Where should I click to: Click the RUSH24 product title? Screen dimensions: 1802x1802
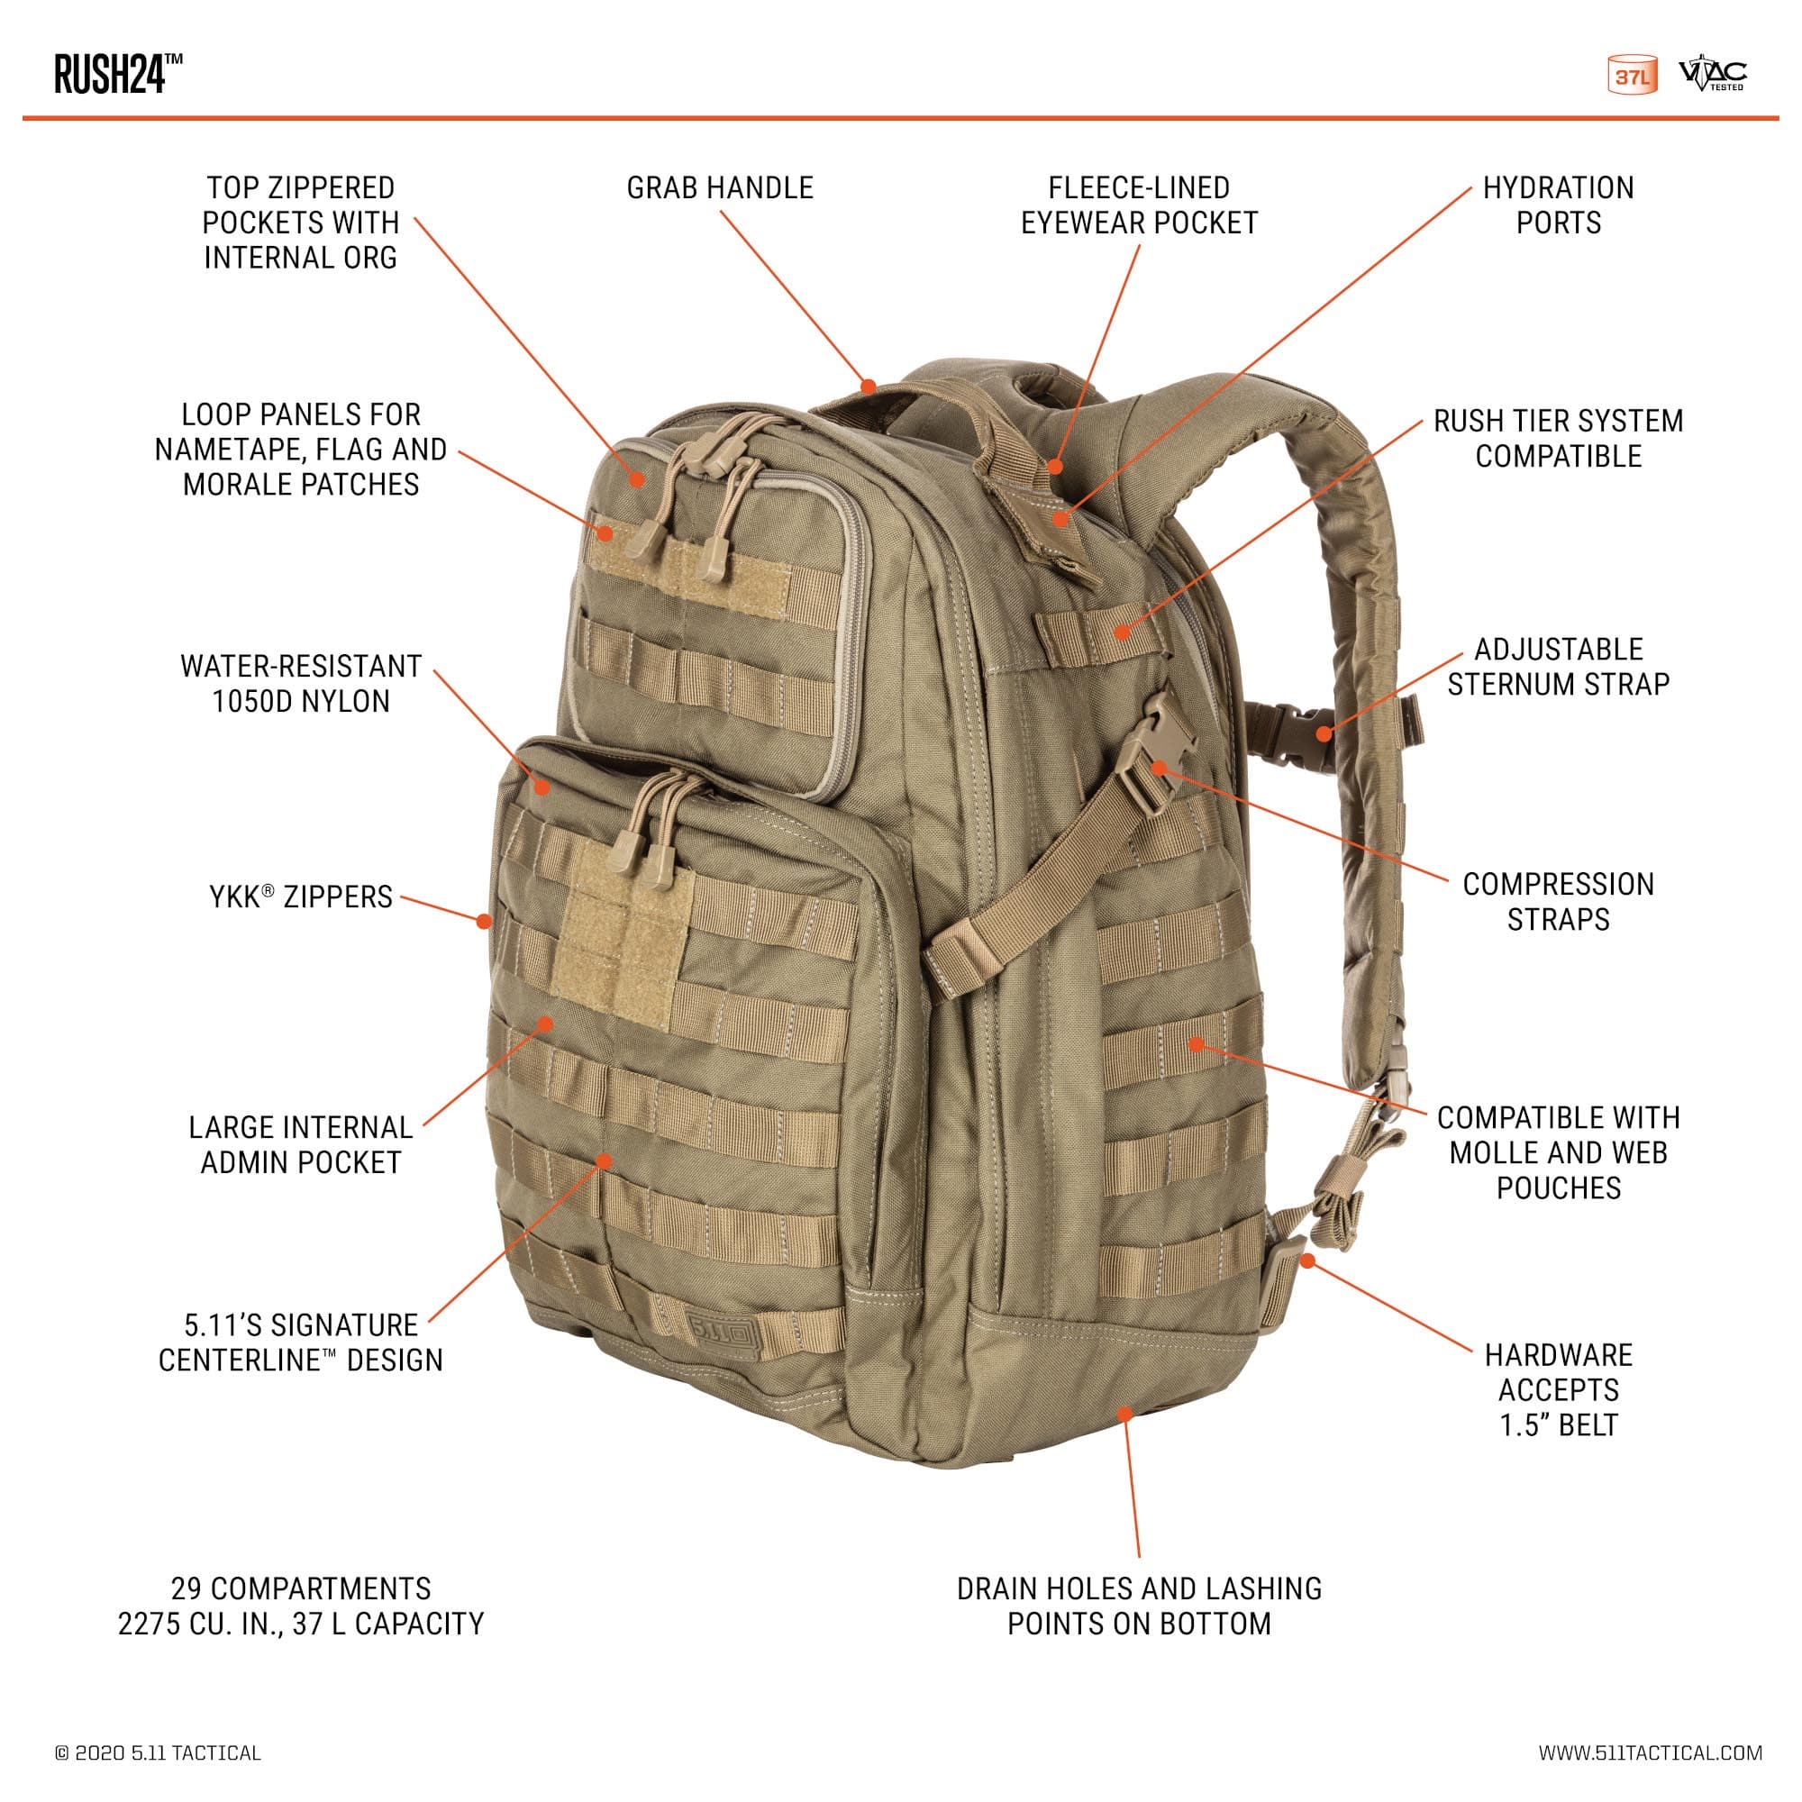pos(118,74)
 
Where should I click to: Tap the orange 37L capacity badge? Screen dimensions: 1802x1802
pos(1633,77)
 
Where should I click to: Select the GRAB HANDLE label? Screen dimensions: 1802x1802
pos(720,187)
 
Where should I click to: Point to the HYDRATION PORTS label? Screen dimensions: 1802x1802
pos(1559,205)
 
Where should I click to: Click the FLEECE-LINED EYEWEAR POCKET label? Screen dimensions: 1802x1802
pos(1139,205)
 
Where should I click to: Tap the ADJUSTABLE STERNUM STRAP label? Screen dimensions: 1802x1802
pos(1559,667)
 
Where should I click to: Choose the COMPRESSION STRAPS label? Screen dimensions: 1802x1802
pos(1559,902)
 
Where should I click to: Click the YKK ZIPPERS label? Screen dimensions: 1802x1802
pos(300,897)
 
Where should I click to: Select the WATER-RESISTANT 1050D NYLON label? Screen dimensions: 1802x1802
pos(300,684)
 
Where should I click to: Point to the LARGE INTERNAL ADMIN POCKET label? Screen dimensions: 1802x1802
pos(300,1144)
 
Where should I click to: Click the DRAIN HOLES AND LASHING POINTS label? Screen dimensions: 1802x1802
pos(1139,1606)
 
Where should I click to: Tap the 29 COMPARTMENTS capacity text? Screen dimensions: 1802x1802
pos(300,1606)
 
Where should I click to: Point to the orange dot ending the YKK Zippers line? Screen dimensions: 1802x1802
pos(484,922)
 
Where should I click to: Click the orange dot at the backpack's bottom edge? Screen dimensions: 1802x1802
pos(1124,1414)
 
